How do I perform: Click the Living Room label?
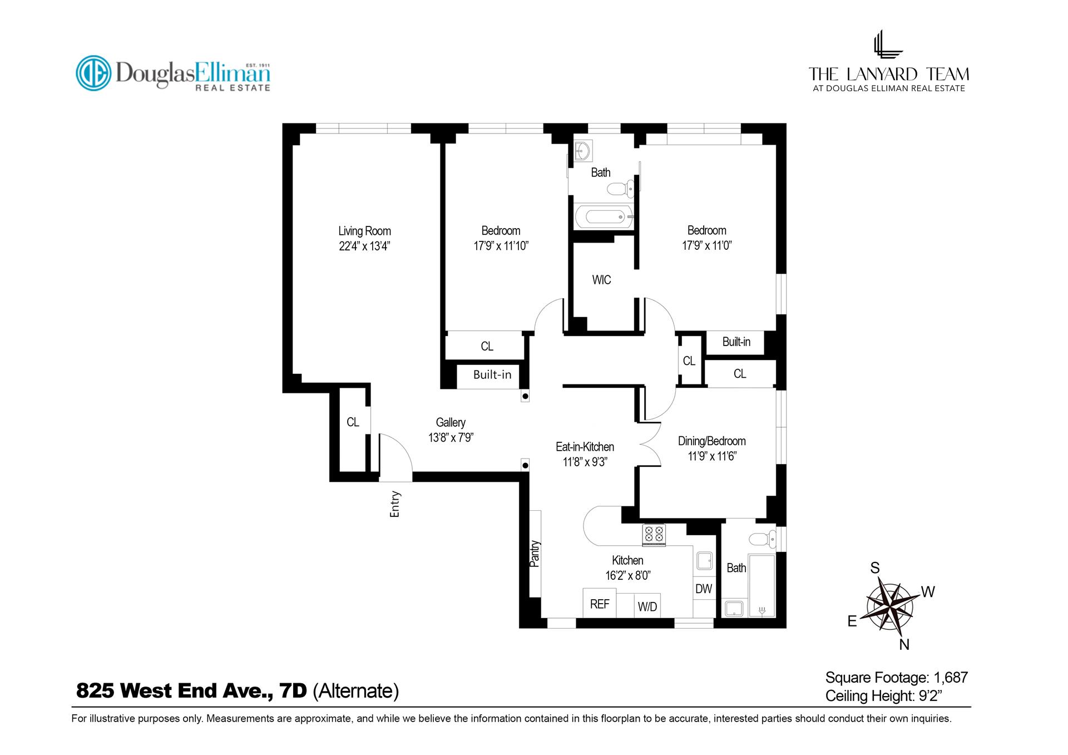click(364, 231)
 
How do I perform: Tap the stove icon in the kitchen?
click(654, 535)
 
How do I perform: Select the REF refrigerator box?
click(599, 604)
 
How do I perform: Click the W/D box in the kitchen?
click(647, 606)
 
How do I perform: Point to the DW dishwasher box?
click(704, 589)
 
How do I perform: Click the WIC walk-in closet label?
click(601, 280)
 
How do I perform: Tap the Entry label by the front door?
click(395, 504)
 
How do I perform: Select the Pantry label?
click(535, 553)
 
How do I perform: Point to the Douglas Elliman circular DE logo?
click(93, 73)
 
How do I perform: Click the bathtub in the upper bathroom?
click(604, 216)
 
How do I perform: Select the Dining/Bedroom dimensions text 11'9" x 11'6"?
click(711, 457)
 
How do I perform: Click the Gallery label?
click(450, 422)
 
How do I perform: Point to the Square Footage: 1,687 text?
click(896, 677)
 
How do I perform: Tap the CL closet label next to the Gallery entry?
click(353, 422)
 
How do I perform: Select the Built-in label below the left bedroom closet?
click(492, 374)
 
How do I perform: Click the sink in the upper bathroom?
click(583, 150)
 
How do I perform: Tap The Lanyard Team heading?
click(888, 74)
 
